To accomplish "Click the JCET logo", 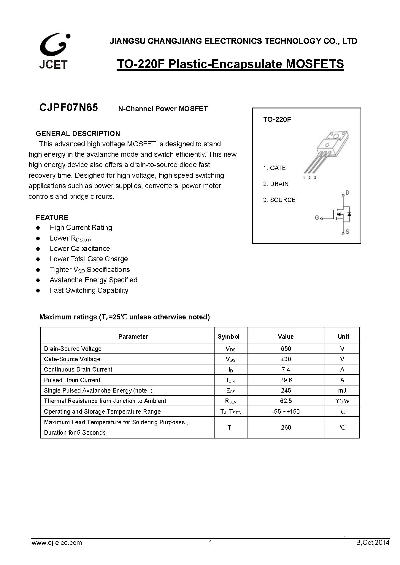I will point(54,51).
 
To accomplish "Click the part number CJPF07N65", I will point(69,108).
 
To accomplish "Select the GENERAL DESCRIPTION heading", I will point(78,133).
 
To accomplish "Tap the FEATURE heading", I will point(52,217).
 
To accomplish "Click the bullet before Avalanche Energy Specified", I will point(38,280).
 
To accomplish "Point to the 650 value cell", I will point(286,348).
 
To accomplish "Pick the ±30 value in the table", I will point(286,359).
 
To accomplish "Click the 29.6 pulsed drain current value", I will point(286,380).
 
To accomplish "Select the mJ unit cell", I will point(342,390).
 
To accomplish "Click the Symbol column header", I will point(228,336).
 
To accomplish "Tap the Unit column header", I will point(343,336).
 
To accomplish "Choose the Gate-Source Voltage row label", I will point(72,359).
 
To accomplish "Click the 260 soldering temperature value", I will point(286,427).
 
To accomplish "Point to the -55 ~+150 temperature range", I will point(286,411).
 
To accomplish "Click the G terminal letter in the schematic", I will point(317,218).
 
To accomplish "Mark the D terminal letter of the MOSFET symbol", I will point(347,193).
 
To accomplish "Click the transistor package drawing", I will point(326,154).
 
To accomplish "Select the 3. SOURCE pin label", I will point(279,200).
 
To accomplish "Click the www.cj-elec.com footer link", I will point(57,542).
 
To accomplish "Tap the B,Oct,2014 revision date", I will point(373,542).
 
